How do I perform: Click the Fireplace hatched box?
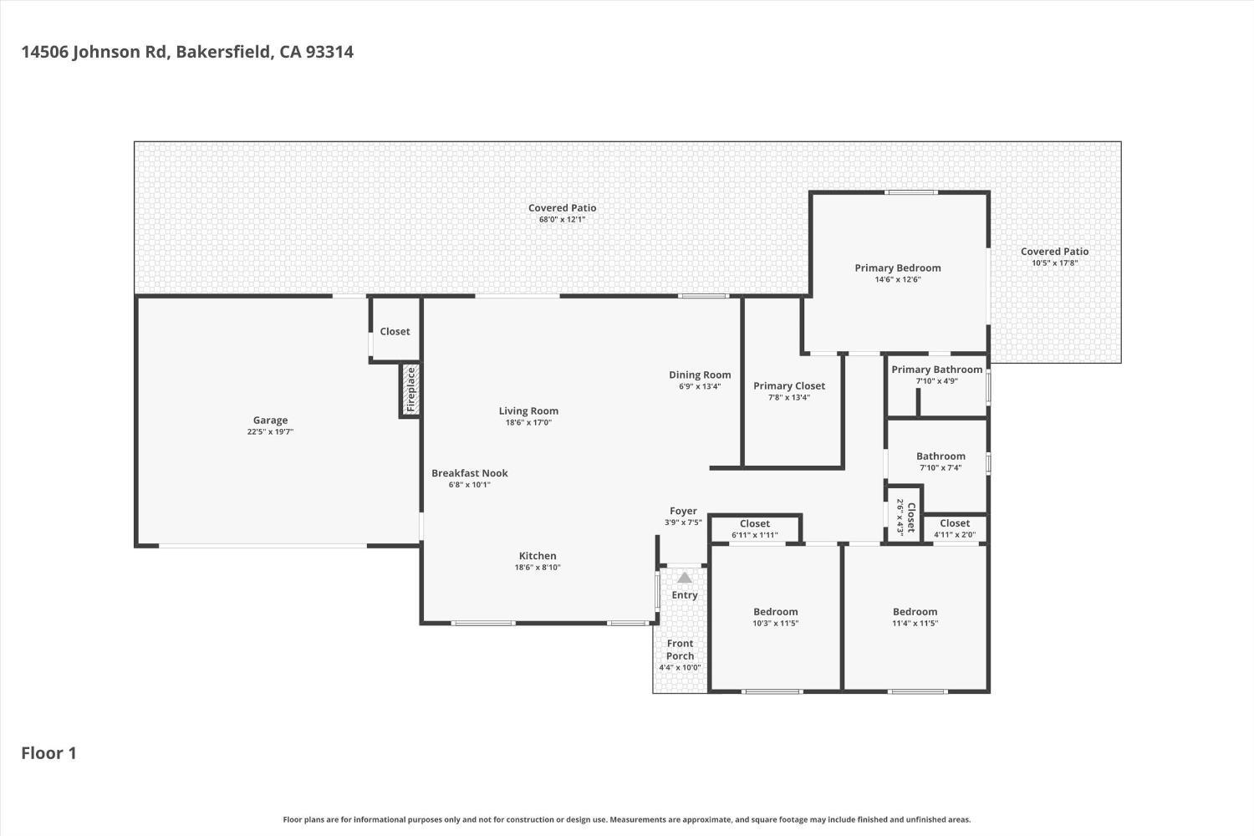(x=410, y=390)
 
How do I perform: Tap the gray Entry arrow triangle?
(x=684, y=578)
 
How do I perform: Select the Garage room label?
(x=270, y=420)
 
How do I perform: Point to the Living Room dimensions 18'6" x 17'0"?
(x=528, y=423)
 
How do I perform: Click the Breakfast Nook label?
(x=470, y=473)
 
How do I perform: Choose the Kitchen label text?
(x=538, y=556)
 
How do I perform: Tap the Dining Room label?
(x=700, y=375)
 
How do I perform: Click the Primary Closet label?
(x=789, y=385)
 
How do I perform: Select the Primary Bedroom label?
(x=898, y=268)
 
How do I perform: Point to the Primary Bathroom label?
(x=937, y=370)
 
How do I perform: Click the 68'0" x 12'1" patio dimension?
(x=562, y=220)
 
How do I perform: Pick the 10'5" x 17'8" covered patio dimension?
(x=1055, y=263)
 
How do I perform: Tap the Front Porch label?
(x=681, y=650)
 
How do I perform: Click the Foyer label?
(x=684, y=512)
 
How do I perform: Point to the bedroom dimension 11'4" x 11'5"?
(x=915, y=623)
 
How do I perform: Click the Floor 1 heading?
(x=48, y=753)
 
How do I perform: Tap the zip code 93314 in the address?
(x=329, y=52)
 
